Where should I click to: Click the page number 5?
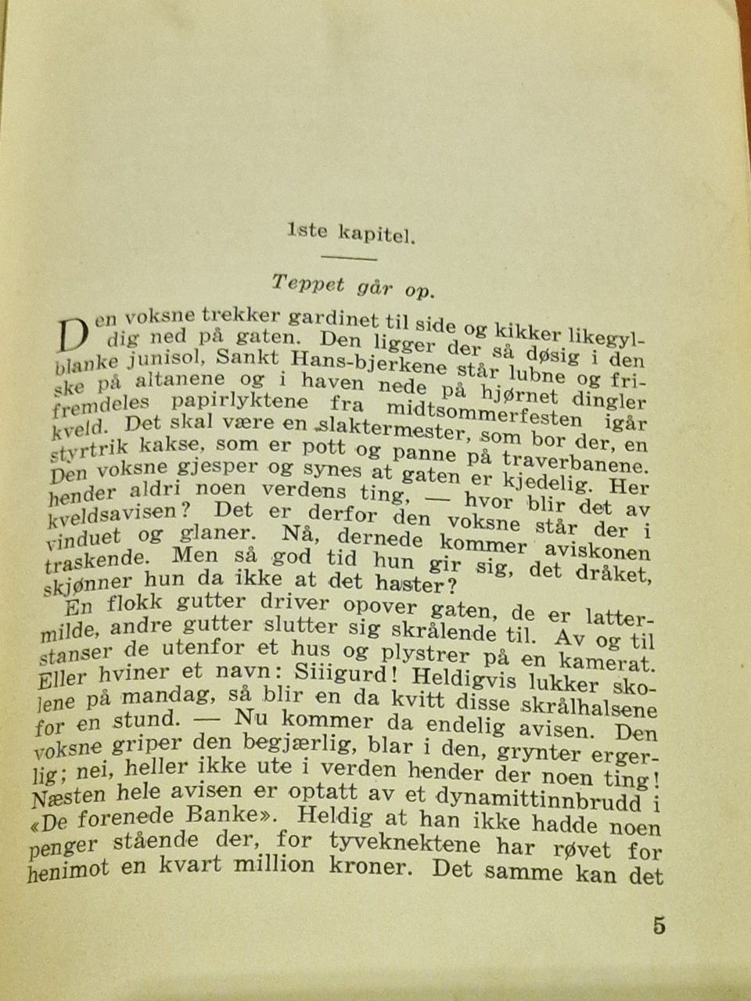(659, 926)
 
